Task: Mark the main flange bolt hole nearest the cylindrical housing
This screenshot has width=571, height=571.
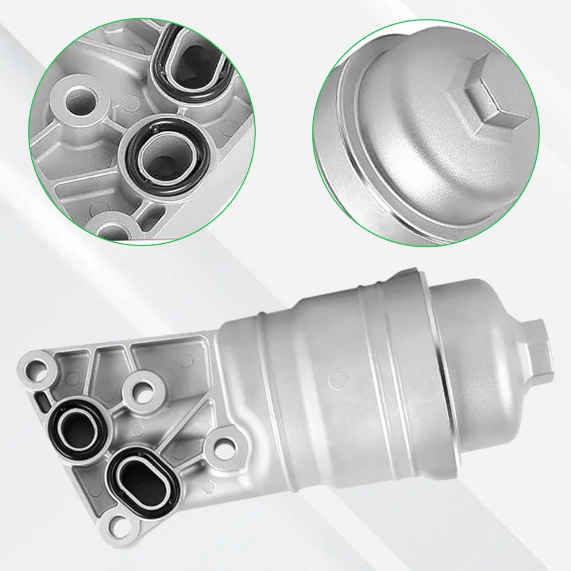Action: coord(224,445)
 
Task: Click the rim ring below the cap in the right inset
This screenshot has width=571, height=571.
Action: coord(365,171)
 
